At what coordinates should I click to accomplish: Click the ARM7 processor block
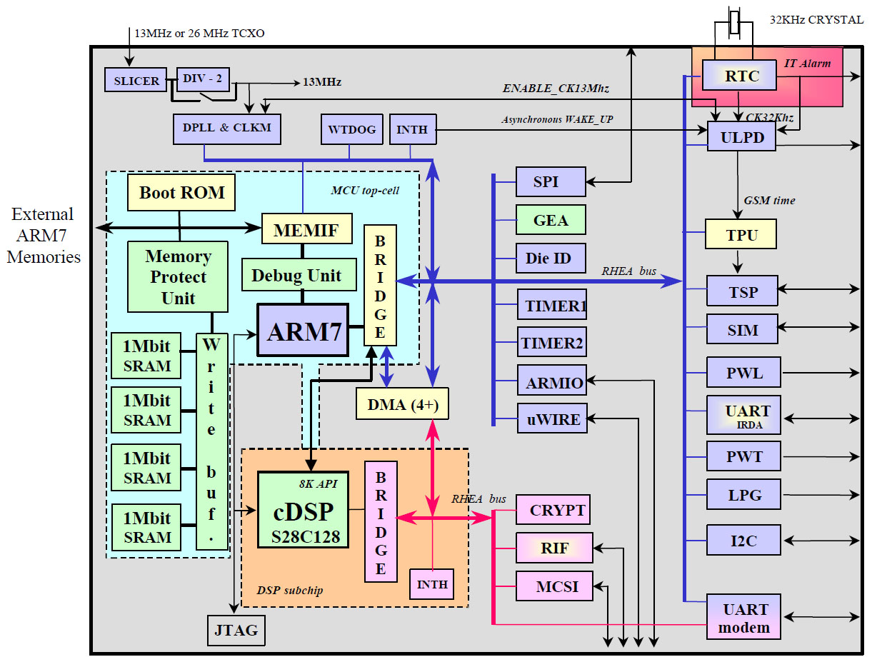pos(303,331)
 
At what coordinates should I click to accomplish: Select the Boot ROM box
pos(181,192)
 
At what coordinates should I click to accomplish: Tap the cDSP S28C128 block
pos(303,509)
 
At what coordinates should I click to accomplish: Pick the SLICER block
pos(136,81)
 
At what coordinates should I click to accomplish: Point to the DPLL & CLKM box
pos(226,129)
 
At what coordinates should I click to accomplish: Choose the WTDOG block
pos(351,129)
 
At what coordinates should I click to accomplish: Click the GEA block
pos(551,220)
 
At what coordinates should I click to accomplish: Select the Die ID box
pos(551,258)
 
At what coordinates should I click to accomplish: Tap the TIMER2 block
pos(551,343)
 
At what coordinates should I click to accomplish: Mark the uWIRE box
pos(551,418)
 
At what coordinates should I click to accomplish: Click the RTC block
pos(741,75)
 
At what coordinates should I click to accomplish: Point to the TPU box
pos(741,234)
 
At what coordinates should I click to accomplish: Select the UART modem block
pos(746,618)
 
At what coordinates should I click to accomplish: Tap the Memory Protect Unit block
pos(178,276)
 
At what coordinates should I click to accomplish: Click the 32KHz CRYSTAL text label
pos(816,20)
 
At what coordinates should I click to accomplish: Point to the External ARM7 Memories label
pos(43,235)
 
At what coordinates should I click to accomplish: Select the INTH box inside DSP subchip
pos(432,583)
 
